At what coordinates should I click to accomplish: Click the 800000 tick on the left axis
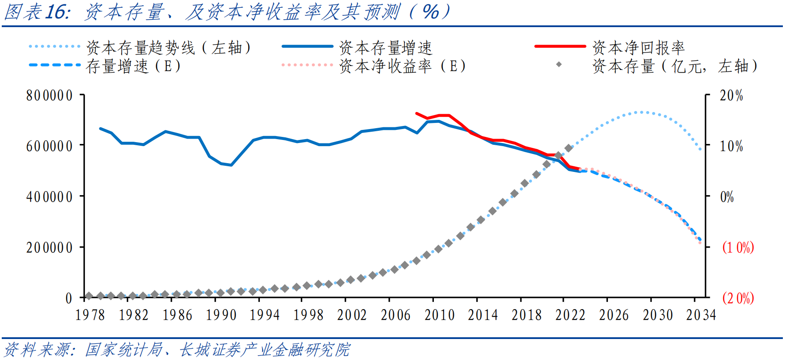49,95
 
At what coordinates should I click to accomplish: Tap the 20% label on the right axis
731,95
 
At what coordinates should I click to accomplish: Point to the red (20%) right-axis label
738,298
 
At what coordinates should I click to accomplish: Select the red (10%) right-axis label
738,247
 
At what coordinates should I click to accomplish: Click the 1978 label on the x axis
90,315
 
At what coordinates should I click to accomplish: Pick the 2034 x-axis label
700,315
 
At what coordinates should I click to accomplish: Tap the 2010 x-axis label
440,315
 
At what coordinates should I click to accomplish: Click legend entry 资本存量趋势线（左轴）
168,47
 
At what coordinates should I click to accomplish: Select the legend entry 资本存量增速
385,47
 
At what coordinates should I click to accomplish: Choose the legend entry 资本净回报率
638,47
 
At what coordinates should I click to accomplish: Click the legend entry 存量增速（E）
133,66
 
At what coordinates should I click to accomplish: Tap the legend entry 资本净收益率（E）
402,66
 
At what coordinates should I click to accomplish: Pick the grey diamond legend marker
559,65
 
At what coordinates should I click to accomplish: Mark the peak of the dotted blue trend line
642,112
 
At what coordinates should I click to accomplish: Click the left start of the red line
416,113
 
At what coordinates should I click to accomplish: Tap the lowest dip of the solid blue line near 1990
231,165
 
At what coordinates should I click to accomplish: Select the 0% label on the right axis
727,196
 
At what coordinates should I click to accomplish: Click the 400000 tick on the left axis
49,196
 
